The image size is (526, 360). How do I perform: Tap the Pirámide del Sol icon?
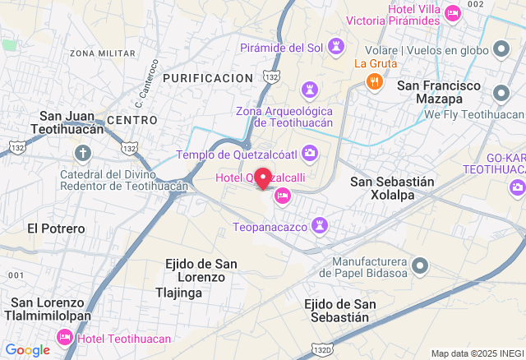pyautogui.click(x=336, y=44)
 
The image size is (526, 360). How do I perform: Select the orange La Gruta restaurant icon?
pyautogui.click(x=375, y=81)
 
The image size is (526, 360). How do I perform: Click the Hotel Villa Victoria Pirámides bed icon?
pyautogui.click(x=452, y=13)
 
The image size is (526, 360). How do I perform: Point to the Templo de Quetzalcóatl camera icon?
pyautogui.click(x=310, y=152)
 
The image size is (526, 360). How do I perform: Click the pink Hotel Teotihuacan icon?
pyautogui.click(x=64, y=338)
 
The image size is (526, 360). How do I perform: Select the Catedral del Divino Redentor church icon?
pyautogui.click(x=83, y=152)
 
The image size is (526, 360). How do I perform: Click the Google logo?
pyautogui.click(x=26, y=350)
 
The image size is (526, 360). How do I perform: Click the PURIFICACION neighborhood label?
pyautogui.click(x=207, y=77)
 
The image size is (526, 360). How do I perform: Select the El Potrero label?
pyautogui.click(x=56, y=228)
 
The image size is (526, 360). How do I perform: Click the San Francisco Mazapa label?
pyautogui.click(x=439, y=92)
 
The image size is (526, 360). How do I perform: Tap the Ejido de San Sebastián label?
pyautogui.click(x=340, y=311)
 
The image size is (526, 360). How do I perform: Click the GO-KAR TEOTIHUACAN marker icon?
pyautogui.click(x=518, y=187)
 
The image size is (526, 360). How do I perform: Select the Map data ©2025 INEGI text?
pyautogui.click(x=476, y=353)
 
